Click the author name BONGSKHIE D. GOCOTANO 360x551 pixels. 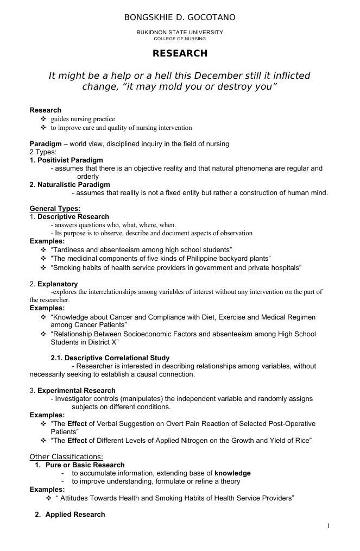180,18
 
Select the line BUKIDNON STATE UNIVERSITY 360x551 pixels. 180,33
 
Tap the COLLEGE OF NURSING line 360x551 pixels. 180,39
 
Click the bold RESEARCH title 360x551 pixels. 180,53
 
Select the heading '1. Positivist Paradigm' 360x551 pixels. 66,160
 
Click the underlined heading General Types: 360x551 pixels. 55,209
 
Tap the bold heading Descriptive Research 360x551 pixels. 81,217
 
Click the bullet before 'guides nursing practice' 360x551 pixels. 43,119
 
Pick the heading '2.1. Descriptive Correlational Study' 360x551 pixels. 110,358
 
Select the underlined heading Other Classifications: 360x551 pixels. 66,456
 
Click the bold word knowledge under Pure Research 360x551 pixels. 232,473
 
